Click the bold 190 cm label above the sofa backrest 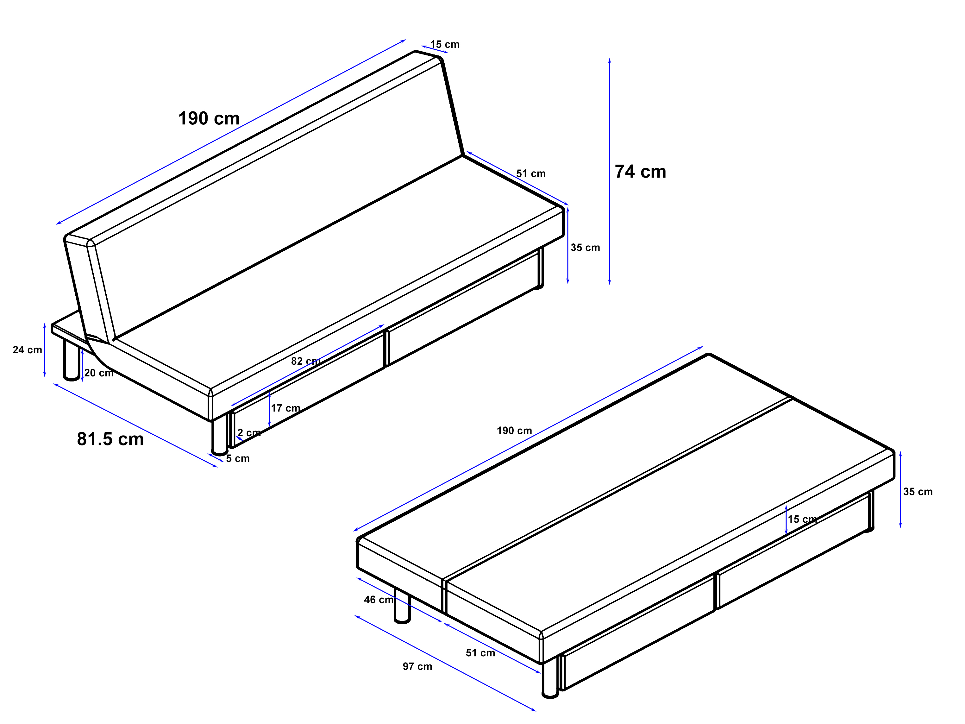[x=209, y=118]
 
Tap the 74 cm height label [x=640, y=172]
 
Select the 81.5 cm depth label [x=110, y=439]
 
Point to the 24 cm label [x=28, y=349]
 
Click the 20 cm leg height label [x=99, y=373]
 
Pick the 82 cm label [x=306, y=361]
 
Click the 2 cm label [x=249, y=432]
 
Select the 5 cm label [x=238, y=458]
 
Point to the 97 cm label [x=417, y=666]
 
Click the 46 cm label [x=379, y=600]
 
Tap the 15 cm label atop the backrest [x=445, y=44]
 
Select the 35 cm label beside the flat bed [x=918, y=491]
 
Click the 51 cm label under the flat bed [x=480, y=653]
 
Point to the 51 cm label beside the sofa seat [x=531, y=173]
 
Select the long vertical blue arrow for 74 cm [x=610, y=171]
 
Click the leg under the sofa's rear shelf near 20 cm [x=72, y=360]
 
